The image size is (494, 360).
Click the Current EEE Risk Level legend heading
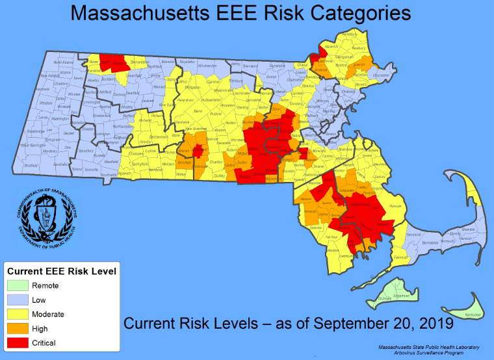point(62,270)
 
